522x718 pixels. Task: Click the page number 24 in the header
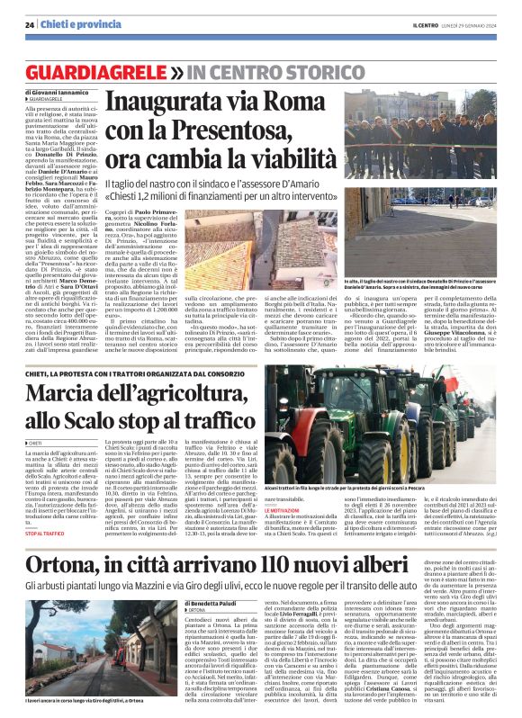click(x=30, y=24)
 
